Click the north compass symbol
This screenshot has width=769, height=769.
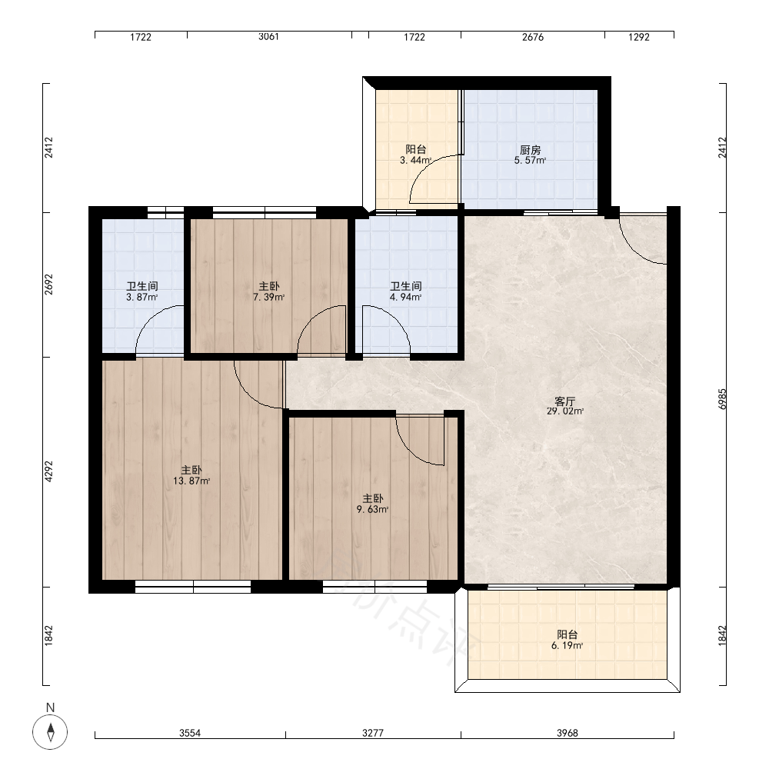(x=50, y=732)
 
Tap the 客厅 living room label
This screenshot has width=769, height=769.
(x=565, y=401)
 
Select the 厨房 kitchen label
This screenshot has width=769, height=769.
(x=530, y=150)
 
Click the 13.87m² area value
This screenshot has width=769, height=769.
(x=191, y=481)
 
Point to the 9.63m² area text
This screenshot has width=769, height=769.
(x=373, y=510)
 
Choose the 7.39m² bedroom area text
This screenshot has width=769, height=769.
(x=268, y=297)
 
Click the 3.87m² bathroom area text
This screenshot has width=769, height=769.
(x=141, y=297)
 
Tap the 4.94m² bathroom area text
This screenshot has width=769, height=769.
(x=405, y=297)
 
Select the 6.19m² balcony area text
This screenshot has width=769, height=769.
(x=567, y=646)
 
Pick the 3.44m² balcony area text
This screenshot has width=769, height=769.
(x=415, y=161)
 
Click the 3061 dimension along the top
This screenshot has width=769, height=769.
(x=268, y=37)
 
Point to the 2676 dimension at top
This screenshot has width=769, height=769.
(x=533, y=37)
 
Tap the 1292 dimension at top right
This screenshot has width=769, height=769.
(x=638, y=37)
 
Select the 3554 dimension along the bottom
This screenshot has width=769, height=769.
(x=190, y=733)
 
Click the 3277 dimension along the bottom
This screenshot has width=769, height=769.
(x=373, y=733)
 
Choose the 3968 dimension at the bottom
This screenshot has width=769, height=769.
(x=567, y=733)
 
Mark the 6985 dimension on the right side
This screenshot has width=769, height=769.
(x=722, y=399)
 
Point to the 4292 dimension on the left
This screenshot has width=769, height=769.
(x=48, y=471)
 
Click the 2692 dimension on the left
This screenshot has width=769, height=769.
(x=48, y=285)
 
